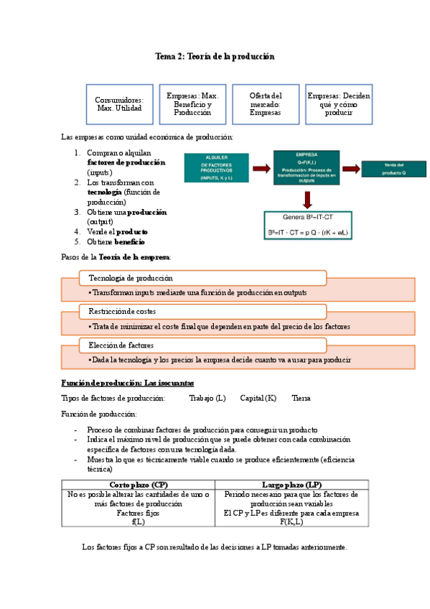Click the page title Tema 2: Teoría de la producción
(215, 56)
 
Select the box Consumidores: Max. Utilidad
(119, 104)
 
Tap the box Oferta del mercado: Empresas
(265, 104)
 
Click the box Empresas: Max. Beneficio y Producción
(192, 104)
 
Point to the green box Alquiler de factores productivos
(217, 168)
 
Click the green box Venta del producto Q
(393, 169)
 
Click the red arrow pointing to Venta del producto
(350, 169)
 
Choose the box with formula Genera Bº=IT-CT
(307, 225)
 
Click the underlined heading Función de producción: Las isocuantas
(127, 383)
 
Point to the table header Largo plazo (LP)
(291, 485)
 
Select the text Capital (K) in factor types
(258, 398)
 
